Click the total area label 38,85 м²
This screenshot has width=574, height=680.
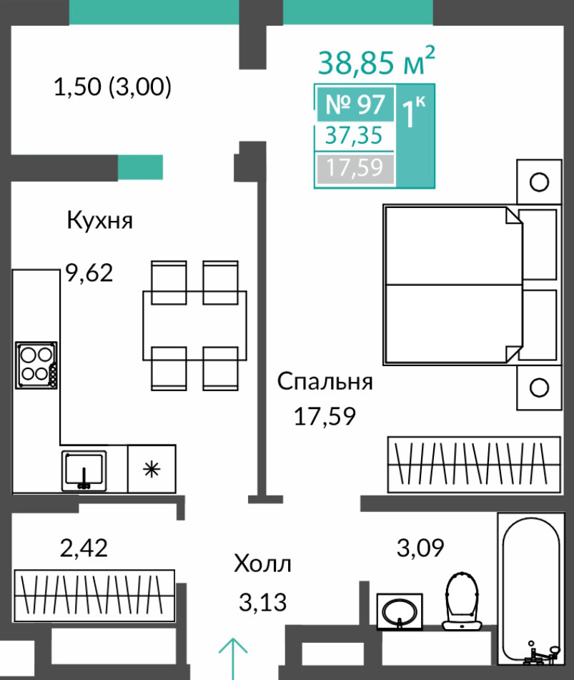[376, 61]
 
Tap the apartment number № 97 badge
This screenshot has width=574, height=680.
[355, 104]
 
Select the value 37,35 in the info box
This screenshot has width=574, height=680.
[355, 135]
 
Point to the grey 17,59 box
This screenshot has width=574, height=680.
[355, 168]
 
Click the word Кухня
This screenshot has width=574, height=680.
[99, 220]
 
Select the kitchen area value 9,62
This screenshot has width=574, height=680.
[89, 272]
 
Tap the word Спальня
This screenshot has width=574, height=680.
[325, 382]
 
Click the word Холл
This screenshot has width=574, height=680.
[262, 564]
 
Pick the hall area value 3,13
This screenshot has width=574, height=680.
[263, 603]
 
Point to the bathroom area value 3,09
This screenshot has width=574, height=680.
[420, 548]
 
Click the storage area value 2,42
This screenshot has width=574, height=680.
[84, 548]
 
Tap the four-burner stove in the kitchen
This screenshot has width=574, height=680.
[36, 365]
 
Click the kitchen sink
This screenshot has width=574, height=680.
[84, 471]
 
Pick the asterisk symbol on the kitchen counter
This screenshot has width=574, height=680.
[152, 469]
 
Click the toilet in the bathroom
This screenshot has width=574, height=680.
[462, 601]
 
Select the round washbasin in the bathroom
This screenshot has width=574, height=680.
[400, 612]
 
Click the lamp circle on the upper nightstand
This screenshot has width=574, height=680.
[539, 182]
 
